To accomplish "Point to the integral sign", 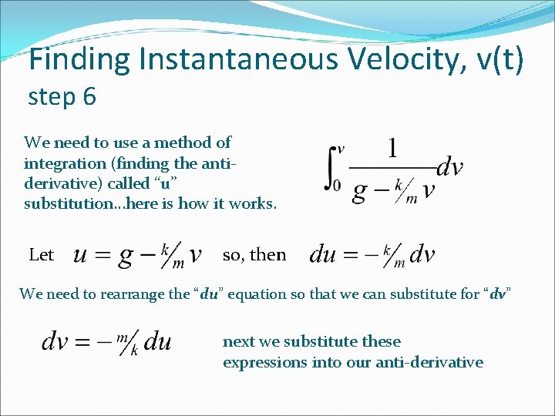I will [x=331, y=169].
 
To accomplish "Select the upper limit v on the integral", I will [x=341, y=148].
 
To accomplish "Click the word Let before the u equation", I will [x=41, y=255].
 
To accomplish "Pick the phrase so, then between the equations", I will [x=254, y=255].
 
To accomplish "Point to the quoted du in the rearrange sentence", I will [x=207, y=294].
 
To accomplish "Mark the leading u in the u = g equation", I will [x=81, y=256].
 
